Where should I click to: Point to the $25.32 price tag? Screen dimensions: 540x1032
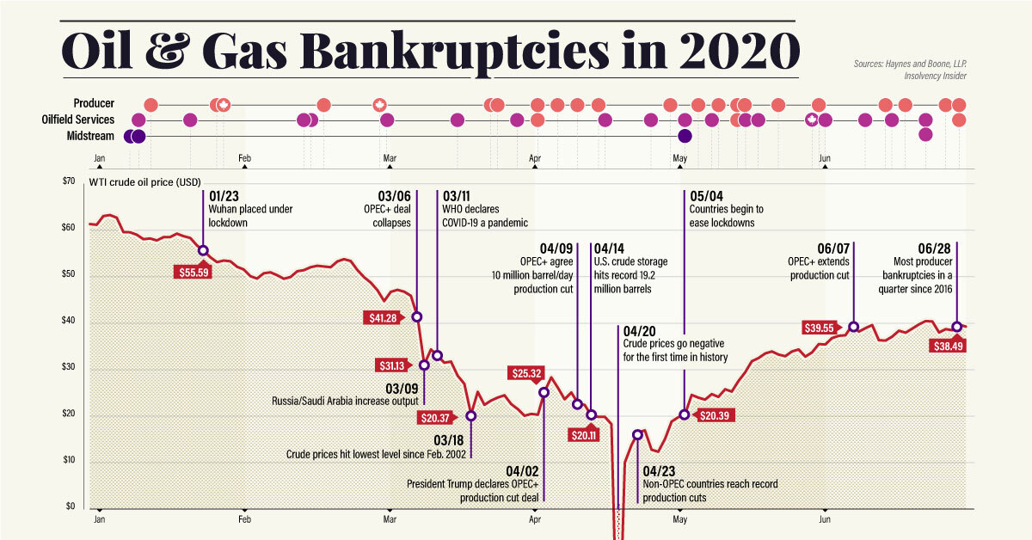(x=526, y=373)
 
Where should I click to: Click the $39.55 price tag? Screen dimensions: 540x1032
(x=824, y=327)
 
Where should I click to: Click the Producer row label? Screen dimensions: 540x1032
(x=94, y=104)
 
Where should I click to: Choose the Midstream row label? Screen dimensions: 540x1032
(x=90, y=136)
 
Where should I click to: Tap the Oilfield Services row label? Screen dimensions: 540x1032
(x=77, y=120)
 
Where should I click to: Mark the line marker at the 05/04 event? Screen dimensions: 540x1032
(x=685, y=414)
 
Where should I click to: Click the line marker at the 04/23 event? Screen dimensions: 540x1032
(x=637, y=434)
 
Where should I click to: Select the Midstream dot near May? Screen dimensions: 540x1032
(x=685, y=136)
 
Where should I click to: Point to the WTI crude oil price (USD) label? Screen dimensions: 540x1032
(x=138, y=182)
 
